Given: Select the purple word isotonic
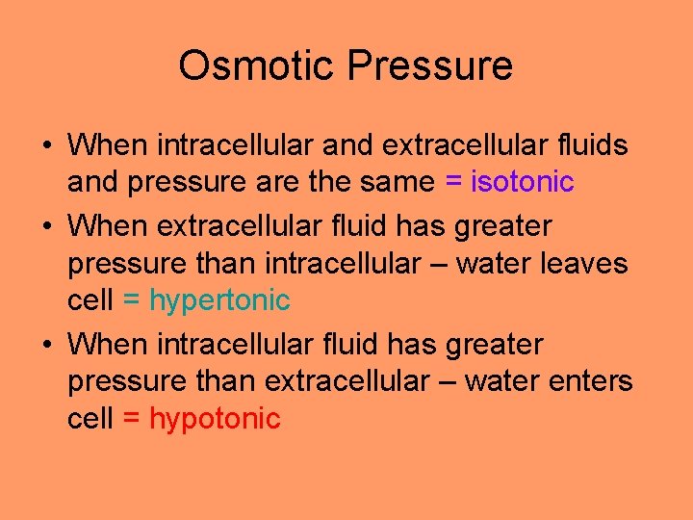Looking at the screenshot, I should [x=522, y=181].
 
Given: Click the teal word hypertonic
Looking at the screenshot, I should [x=219, y=300].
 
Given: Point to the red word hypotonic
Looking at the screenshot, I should [x=215, y=419].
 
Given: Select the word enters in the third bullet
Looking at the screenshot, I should [x=588, y=382].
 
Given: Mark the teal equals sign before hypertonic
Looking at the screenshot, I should [x=132, y=300].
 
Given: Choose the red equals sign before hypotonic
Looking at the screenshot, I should [x=132, y=419].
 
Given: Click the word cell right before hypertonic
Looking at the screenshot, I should [x=90, y=300].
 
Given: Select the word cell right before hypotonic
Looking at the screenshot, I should [x=90, y=419].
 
